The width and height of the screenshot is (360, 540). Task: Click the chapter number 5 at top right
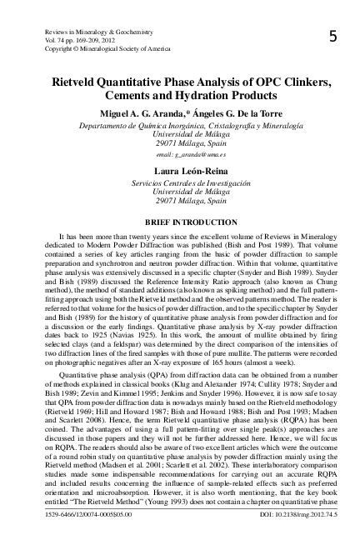332,37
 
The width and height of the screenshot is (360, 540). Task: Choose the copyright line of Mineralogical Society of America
99,47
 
